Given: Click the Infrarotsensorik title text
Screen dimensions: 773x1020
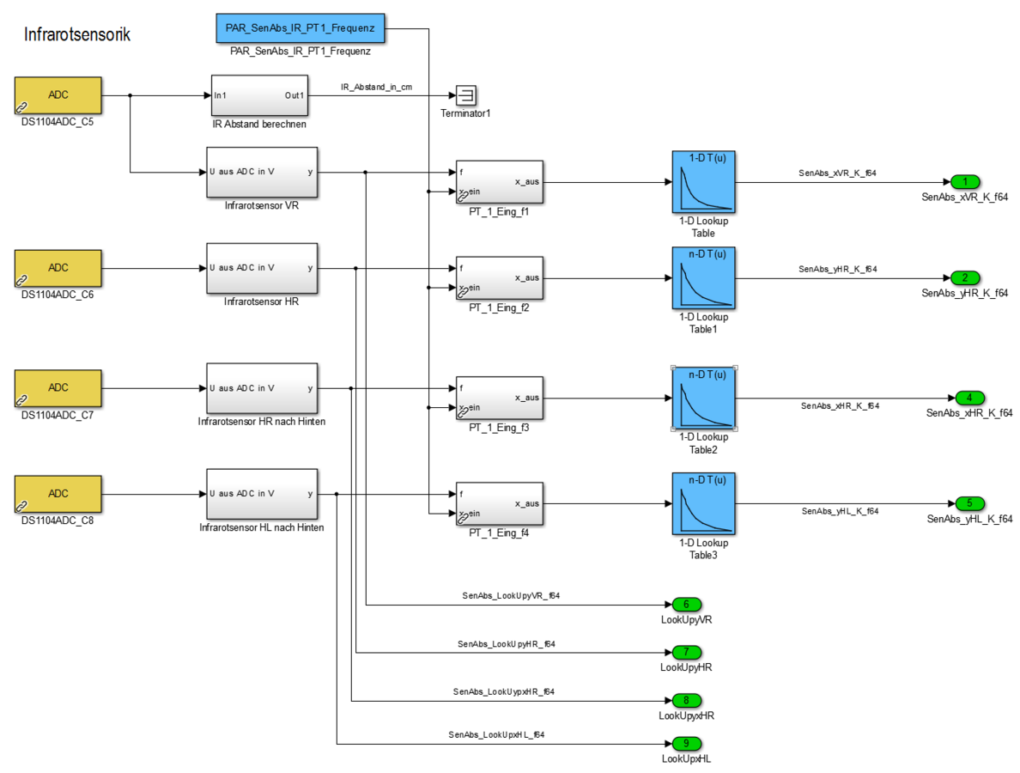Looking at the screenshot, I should click(77, 35).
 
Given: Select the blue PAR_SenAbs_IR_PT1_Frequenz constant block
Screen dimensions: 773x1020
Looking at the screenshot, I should click(300, 27).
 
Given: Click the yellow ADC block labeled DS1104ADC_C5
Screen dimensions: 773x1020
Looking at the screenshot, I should click(58, 95).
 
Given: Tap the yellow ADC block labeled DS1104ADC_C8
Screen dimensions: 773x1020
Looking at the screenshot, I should click(58, 494).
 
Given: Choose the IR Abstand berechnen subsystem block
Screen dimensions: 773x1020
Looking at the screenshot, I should click(258, 95).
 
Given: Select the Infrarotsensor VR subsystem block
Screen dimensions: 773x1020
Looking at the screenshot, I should click(262, 172).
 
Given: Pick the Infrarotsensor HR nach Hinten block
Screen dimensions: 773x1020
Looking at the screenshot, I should click(262, 387).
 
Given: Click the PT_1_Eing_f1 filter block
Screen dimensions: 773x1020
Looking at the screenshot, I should click(500, 182).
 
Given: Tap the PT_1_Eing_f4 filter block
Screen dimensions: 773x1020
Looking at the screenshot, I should click(500, 504).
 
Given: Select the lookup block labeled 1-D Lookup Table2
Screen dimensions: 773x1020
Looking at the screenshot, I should click(703, 398).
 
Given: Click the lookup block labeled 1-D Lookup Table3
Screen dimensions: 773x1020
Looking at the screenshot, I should click(703, 504).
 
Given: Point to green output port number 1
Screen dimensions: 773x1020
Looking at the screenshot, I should click(965, 182).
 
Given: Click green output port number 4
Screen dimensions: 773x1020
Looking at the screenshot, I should click(969, 398).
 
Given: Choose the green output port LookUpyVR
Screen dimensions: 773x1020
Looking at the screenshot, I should click(686, 605).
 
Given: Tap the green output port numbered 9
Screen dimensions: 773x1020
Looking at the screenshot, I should click(686, 744).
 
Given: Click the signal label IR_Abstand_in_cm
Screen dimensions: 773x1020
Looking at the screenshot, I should click(377, 87).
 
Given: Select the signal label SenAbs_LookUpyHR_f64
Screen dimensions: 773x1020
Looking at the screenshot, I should click(507, 643).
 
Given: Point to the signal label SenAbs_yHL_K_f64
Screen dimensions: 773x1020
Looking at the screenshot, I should click(841, 511).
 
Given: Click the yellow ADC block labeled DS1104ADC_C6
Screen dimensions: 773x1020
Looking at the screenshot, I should click(58, 267).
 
